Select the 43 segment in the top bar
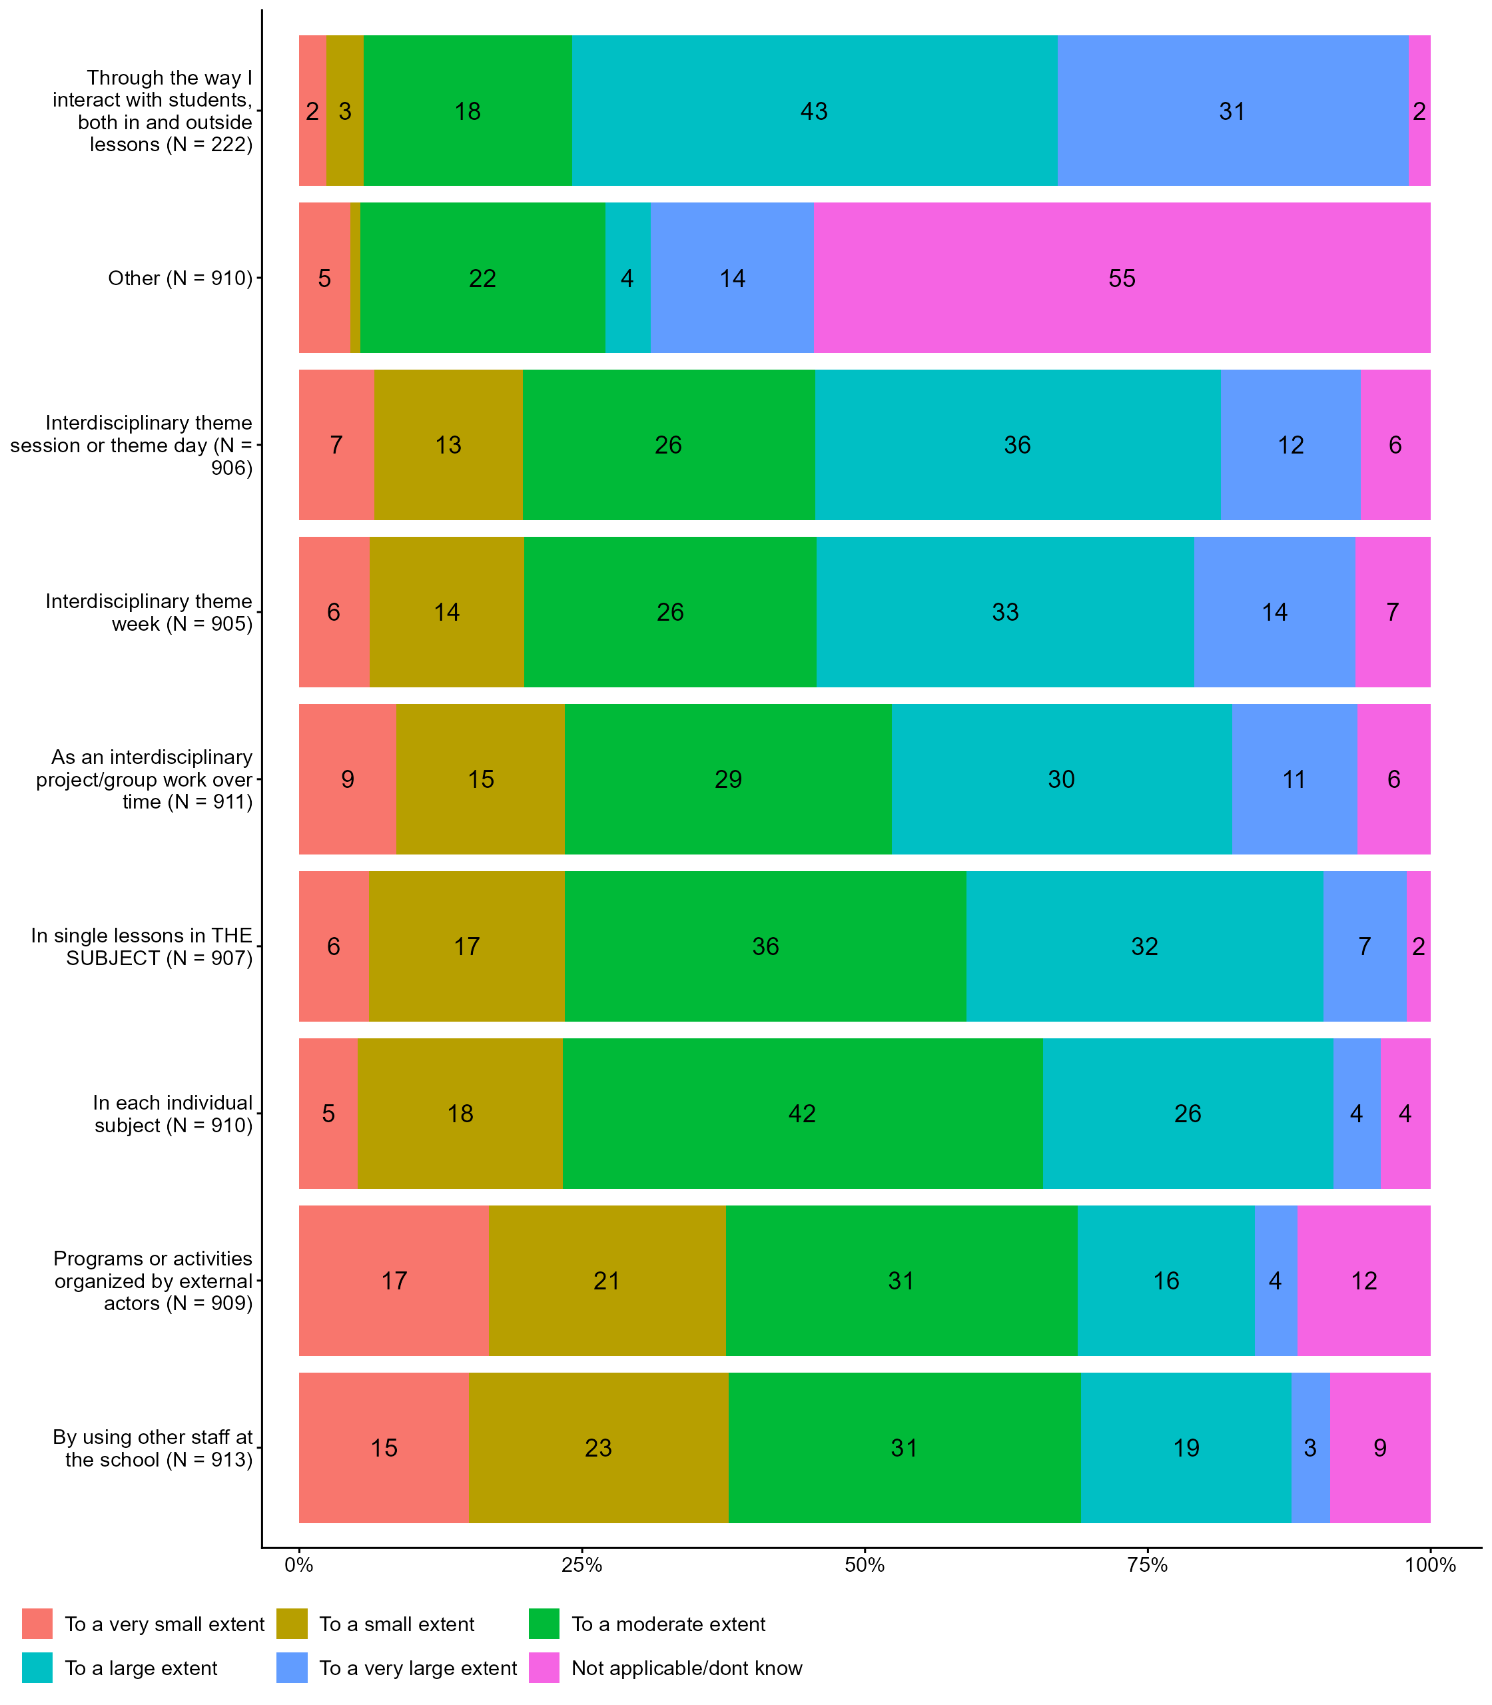[813, 111]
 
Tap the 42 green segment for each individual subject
[802, 1113]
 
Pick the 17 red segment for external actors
[394, 1280]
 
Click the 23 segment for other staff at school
[598, 1448]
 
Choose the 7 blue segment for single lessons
[1364, 946]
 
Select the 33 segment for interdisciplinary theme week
[1005, 612]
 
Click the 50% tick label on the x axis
[865, 1565]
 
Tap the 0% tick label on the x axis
[299, 1565]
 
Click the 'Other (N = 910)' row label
[180, 278]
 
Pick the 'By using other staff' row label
[153, 1448]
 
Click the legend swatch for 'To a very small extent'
[37, 1624]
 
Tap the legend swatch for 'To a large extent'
[37, 1668]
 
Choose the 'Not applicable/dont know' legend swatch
[544, 1668]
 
